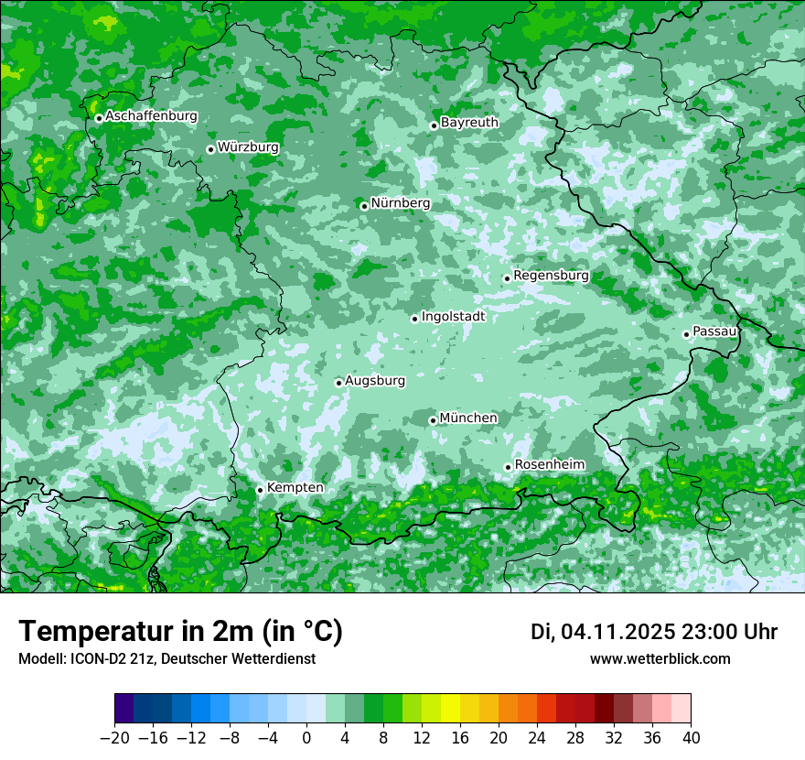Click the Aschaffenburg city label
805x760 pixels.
(151, 116)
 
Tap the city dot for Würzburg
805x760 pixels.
(210, 149)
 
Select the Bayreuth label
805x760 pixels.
(469, 122)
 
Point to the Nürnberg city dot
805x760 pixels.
(364, 206)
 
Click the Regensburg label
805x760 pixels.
(551, 275)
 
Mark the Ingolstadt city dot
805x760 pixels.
(414, 319)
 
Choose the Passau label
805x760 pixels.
(714, 331)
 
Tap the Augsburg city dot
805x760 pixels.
(338, 383)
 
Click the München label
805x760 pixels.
(468, 418)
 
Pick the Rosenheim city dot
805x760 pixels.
(508, 467)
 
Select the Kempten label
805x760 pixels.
(295, 487)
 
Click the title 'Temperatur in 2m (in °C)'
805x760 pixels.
(181, 631)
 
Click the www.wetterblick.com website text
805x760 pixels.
(660, 658)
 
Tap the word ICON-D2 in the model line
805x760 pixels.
(93, 658)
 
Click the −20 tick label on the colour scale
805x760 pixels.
(114, 738)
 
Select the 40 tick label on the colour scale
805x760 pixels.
(691, 738)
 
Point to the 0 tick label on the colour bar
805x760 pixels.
(306, 738)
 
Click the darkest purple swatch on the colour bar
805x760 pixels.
(123, 709)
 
